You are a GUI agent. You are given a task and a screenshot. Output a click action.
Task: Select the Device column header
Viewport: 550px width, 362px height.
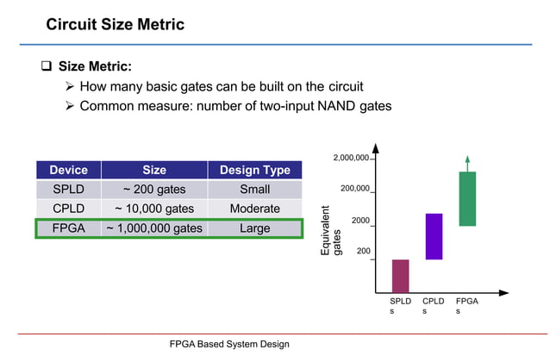point(68,170)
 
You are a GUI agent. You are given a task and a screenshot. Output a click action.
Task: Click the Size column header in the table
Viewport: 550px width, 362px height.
point(153,170)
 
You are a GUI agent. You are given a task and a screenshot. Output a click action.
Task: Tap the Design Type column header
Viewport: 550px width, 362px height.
point(254,170)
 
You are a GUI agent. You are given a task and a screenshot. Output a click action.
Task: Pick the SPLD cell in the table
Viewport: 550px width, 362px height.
point(68,189)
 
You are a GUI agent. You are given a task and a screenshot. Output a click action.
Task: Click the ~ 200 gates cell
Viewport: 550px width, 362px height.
point(153,189)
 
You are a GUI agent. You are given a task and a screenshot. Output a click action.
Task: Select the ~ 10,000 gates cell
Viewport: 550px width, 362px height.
point(153,209)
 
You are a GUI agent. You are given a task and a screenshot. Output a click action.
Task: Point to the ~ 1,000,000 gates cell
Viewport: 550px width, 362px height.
point(153,228)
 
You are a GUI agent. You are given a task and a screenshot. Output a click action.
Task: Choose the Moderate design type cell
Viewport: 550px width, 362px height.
point(254,209)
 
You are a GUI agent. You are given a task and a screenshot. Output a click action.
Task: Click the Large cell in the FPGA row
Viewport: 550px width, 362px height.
point(254,228)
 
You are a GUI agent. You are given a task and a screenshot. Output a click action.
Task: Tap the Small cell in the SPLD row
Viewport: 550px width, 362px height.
point(254,189)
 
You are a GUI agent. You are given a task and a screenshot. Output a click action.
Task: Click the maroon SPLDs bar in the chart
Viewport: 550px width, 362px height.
point(400,276)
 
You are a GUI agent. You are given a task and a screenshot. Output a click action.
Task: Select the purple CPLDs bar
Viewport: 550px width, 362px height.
point(434,236)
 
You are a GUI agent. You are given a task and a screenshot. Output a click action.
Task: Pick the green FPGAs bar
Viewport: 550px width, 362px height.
point(466,198)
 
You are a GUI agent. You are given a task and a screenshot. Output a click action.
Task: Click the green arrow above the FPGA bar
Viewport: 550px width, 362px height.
point(466,163)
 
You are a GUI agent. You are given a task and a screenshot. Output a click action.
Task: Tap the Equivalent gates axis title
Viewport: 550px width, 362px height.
point(331,230)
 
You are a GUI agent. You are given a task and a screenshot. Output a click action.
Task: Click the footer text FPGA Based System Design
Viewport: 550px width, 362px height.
point(228,344)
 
